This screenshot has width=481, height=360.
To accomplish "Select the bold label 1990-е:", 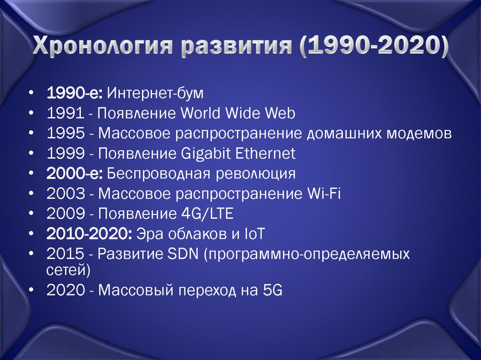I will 75,93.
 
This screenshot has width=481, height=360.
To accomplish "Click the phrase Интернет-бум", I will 155,93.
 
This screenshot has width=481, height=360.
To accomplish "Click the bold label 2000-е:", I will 75,174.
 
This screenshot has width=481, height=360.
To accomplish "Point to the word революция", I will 256,174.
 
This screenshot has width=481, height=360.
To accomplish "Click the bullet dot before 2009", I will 31,214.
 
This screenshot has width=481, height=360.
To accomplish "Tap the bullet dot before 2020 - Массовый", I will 31,290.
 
